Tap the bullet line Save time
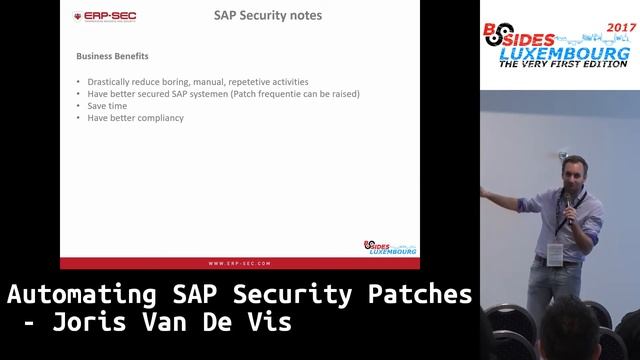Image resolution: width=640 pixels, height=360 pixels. tap(109, 106)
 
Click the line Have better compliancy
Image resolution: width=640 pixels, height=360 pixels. tap(135, 119)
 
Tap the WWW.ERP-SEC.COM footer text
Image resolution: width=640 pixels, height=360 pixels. tap(239, 264)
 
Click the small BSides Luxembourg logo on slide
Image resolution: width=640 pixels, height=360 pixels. tap(390, 247)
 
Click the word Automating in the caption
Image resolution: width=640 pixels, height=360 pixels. tap(80, 296)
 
